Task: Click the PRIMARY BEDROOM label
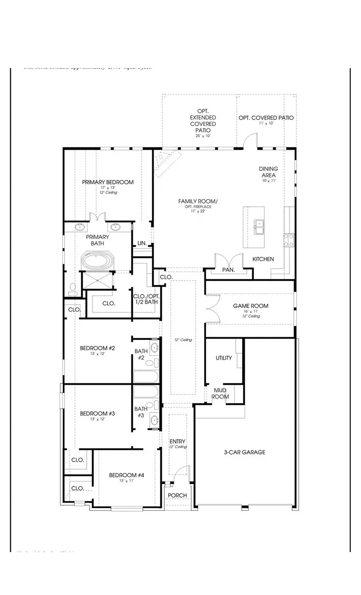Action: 108,182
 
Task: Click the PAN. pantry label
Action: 228,270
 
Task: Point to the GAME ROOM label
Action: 251,306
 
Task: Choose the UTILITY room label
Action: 223,358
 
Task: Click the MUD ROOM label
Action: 220,394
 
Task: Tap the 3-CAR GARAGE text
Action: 244,452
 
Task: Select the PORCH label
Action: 177,495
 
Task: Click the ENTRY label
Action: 177,441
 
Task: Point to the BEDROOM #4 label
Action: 127,475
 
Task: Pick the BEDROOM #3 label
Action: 97,413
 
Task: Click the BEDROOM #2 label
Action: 97,348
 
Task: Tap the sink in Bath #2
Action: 154,348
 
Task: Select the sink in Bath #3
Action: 154,420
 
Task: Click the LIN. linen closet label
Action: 142,243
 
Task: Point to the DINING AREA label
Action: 269,172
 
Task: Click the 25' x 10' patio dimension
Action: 203,136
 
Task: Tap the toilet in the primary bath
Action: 73,290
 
